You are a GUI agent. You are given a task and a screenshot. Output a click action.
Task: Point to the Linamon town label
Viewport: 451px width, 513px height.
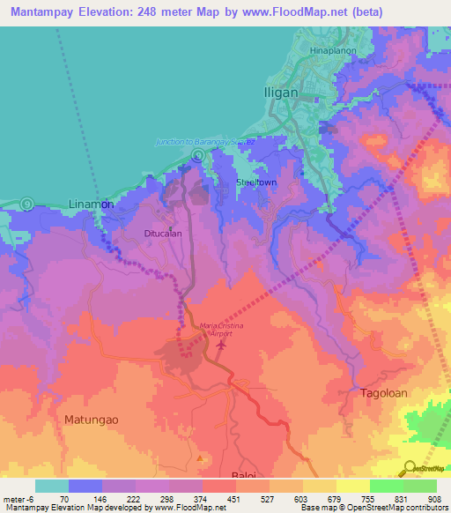click(x=92, y=204)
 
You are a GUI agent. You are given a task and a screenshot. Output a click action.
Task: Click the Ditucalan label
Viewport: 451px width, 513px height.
click(x=163, y=234)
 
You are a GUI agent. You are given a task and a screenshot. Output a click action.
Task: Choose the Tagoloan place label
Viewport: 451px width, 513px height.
click(x=383, y=393)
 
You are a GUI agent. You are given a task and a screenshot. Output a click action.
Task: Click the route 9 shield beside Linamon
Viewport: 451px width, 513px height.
click(x=27, y=204)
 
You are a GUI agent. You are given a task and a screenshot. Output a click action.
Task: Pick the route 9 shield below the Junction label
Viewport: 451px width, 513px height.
click(x=199, y=156)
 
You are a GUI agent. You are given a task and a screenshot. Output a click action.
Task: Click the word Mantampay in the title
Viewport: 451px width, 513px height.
click(x=43, y=12)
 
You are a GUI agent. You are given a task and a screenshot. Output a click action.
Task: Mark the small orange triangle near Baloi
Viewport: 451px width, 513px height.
click(x=200, y=458)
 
